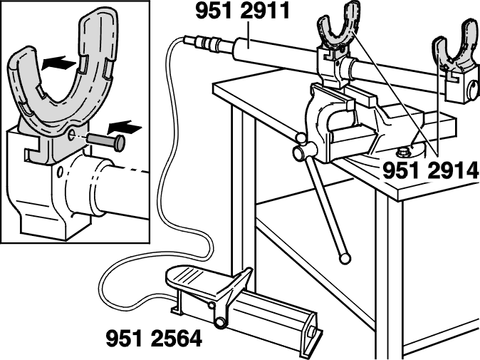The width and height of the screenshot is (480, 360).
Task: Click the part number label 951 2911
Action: (x=242, y=11)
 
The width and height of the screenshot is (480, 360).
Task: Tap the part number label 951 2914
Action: (x=430, y=170)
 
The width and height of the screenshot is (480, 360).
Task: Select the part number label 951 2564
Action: (x=154, y=338)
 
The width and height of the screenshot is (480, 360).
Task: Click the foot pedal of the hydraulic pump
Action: (x=202, y=277)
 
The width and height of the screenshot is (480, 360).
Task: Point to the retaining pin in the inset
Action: (x=106, y=142)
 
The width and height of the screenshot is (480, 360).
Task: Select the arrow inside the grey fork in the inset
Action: (x=59, y=63)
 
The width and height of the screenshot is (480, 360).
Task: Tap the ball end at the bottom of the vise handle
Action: (x=345, y=259)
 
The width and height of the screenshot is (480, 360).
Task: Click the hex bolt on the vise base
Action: (x=402, y=152)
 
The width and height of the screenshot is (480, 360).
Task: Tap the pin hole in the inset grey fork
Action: (x=72, y=135)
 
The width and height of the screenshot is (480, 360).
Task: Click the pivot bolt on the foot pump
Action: (x=219, y=322)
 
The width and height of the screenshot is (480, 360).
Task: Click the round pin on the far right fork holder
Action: (x=473, y=90)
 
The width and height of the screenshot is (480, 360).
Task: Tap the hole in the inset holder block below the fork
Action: (x=60, y=173)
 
